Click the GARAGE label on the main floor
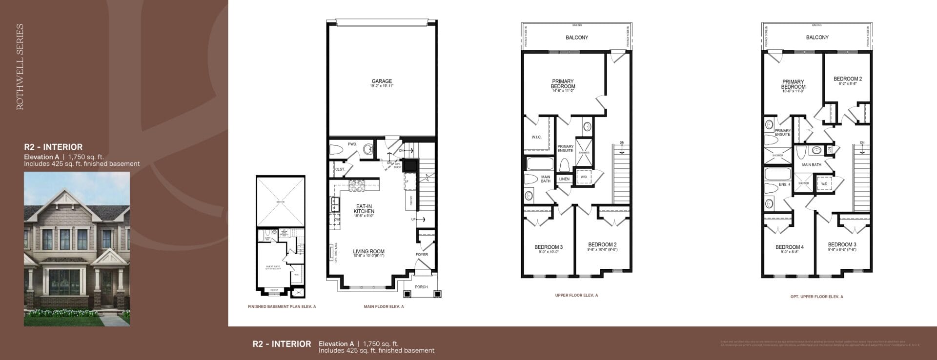click(382, 81)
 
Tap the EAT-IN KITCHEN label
click(364, 209)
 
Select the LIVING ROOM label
click(368, 252)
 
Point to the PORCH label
click(421, 287)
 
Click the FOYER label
click(422, 254)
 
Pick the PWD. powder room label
click(352, 144)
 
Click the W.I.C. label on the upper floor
click(536, 137)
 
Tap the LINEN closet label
click(564, 179)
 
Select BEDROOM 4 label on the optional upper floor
click(789, 247)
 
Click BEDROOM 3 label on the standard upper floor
click(549, 247)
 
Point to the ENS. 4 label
click(784, 184)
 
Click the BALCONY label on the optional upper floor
click(817, 38)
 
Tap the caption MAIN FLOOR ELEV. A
click(384, 307)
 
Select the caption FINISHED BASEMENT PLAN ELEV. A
click(282, 307)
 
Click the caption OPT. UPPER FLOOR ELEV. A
click(816, 297)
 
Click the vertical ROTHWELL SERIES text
click(20, 67)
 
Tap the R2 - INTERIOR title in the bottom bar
click(282, 344)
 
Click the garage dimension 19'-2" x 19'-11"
click(382, 86)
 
